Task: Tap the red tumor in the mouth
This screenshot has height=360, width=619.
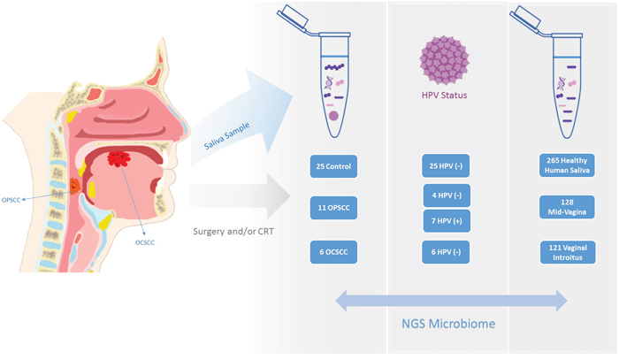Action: point(117,160)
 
